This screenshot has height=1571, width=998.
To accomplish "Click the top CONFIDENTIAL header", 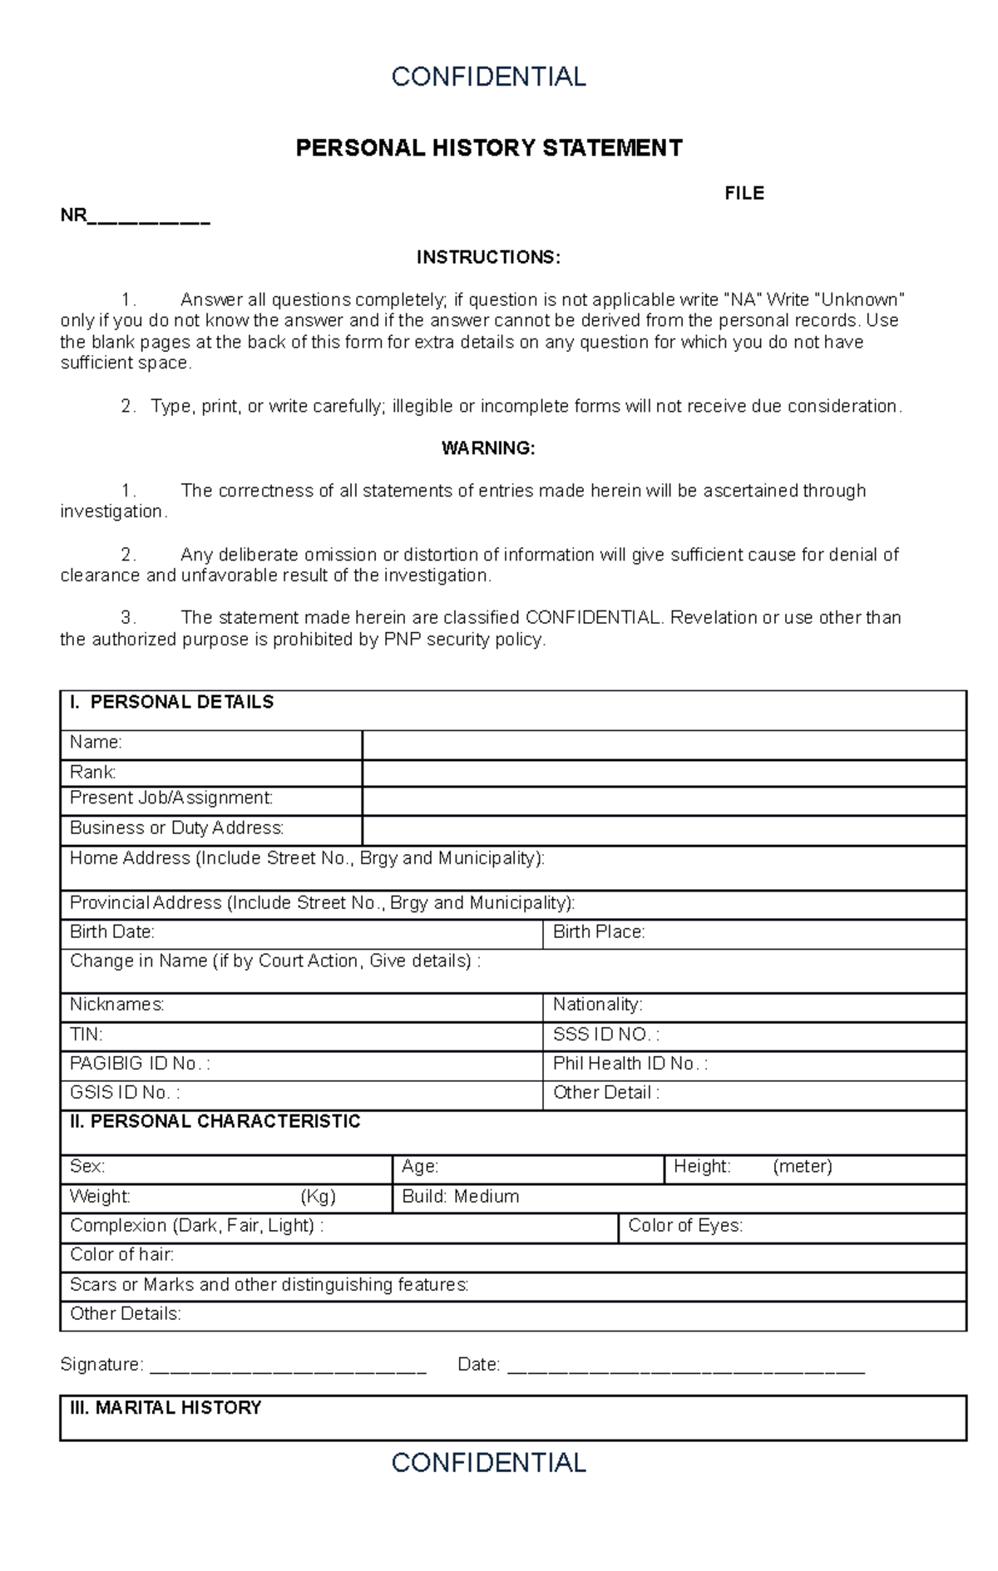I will pos(488,77).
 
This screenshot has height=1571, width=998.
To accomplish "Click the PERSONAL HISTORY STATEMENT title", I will pos(489,148).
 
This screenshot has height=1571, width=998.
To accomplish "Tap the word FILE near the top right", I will pos(744,194).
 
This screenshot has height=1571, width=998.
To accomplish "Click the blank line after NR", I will pos(149,220).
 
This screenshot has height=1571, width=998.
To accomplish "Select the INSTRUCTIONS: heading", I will pos(488,257).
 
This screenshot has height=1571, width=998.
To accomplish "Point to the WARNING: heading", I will pos(488,448).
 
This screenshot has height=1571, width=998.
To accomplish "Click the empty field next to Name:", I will pos(663,744).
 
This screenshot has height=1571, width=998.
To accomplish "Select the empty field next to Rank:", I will pos(663,773).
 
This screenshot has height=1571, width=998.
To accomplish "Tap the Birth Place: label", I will pos(599,932).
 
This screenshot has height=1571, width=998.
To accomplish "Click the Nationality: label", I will pos(597,1005).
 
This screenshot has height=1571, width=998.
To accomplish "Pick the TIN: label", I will pos(86,1035).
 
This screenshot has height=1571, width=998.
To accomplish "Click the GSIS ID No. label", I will pos(125,1093).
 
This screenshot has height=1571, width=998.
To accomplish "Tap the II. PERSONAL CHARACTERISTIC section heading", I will pos(215,1122).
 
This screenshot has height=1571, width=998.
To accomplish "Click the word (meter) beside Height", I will pos(802,1167).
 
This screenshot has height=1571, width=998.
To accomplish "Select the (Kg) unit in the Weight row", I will pos(318,1197).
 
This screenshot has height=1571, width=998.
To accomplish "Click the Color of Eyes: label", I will pos(685,1226).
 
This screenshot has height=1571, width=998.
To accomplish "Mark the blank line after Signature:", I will pos(287,1366).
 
